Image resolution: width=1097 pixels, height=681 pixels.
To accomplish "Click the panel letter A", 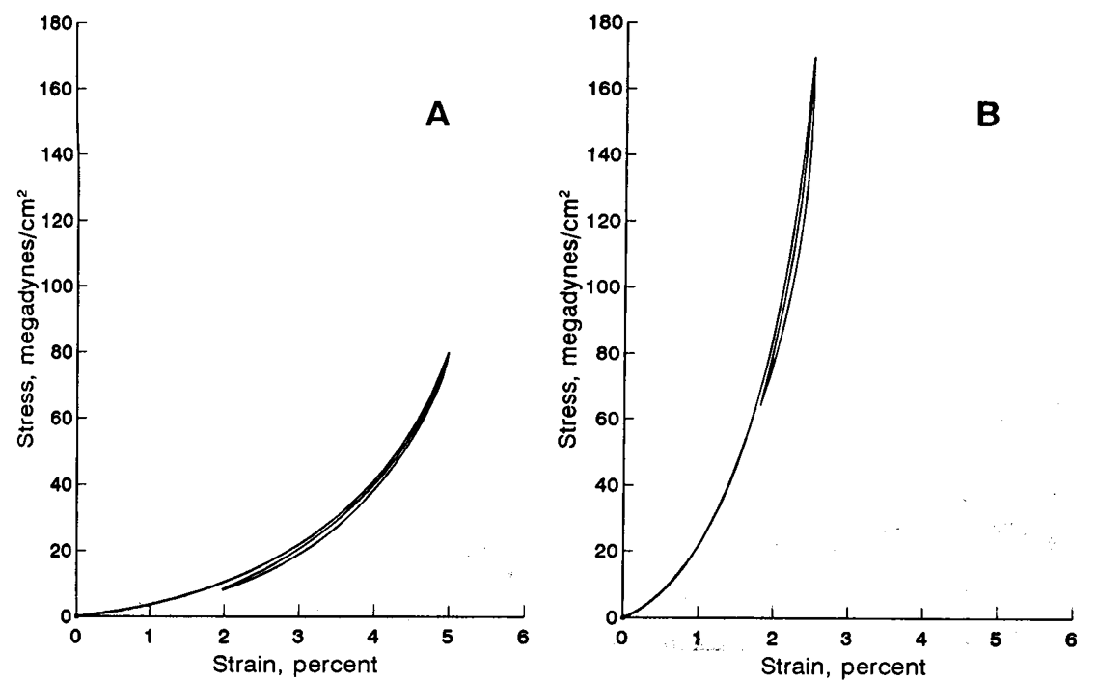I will tap(438, 116).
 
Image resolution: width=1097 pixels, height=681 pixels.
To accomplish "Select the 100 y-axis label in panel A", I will tap(52, 286).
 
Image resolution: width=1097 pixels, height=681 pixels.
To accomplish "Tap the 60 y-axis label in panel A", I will tap(56, 419).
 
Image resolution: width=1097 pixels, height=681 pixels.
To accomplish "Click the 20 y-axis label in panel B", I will tap(602, 551).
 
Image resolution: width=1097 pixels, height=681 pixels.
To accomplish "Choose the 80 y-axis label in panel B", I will tap(602, 353).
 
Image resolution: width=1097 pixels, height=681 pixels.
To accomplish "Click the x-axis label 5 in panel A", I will tap(449, 637).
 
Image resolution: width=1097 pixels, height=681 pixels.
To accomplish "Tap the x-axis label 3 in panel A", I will tap(299, 637).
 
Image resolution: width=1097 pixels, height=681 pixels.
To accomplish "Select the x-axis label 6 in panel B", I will tap(1071, 638).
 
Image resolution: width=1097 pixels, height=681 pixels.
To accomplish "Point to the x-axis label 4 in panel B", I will tap(921, 638).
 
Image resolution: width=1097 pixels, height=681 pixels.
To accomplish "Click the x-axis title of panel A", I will tap(299, 664).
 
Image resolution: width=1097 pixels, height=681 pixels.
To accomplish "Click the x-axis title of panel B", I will tap(845, 665).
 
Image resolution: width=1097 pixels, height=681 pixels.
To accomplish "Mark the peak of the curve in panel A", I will tap(449, 353).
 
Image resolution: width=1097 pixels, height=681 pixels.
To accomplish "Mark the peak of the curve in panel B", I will tap(816, 58).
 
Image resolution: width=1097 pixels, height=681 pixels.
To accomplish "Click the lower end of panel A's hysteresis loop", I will tap(224, 588).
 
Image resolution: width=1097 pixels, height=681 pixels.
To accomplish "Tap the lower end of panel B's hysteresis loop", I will tap(760, 404).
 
